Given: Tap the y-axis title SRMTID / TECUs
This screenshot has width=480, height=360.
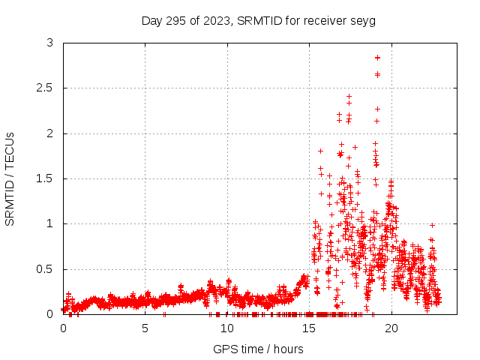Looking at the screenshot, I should [10, 178].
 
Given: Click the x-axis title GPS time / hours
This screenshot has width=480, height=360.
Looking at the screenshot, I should [259, 349].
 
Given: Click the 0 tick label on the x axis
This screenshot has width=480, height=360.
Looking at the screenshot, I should [63, 328].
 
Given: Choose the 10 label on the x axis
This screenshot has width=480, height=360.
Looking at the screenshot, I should [226, 328].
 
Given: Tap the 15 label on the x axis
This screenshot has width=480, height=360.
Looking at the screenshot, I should [308, 328].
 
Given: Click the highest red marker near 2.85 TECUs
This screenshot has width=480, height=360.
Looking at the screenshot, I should [377, 58].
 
